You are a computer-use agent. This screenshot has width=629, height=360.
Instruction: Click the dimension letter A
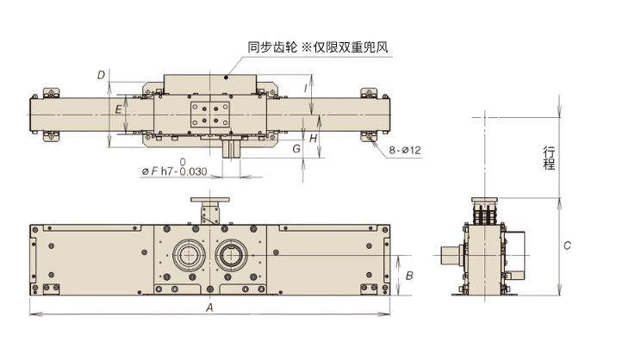[209, 307]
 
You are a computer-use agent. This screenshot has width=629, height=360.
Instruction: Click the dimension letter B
[410, 276]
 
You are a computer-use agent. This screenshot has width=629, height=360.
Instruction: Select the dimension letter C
[567, 245]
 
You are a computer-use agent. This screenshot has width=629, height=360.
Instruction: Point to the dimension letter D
[102, 76]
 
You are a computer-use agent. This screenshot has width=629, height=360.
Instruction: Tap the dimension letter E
[118, 109]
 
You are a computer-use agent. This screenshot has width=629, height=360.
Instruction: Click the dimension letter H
[314, 138]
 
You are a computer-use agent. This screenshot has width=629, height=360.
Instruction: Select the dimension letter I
[307, 87]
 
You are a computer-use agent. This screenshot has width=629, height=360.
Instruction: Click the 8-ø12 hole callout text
[404, 151]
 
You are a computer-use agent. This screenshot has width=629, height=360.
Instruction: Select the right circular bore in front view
[231, 255]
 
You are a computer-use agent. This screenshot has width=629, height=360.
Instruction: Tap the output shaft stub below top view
[230, 148]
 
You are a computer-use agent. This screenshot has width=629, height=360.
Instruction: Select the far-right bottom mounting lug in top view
[371, 135]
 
